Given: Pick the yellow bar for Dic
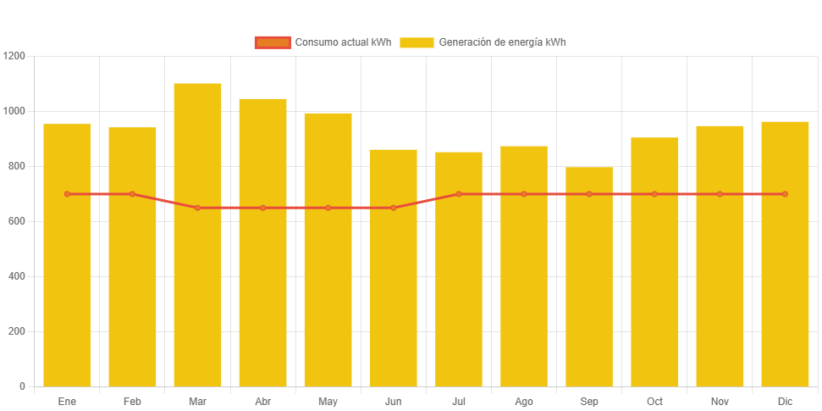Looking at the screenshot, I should (x=785, y=253).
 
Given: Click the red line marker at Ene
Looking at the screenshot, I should (x=67, y=194).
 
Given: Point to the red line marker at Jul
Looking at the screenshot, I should (x=459, y=194).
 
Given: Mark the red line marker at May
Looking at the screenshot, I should (x=328, y=208).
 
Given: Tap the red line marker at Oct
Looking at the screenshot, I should (x=654, y=194).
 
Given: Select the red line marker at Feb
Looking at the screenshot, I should (x=132, y=194).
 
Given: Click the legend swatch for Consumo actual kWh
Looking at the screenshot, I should (x=272, y=42).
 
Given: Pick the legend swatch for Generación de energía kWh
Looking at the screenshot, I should (x=417, y=42).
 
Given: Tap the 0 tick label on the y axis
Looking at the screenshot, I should (x=22, y=386).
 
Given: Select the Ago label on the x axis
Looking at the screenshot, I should (x=524, y=401).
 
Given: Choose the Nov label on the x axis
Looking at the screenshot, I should (x=720, y=401).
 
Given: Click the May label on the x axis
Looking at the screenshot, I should (x=328, y=401).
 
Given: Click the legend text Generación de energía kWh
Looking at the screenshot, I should (x=502, y=42).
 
